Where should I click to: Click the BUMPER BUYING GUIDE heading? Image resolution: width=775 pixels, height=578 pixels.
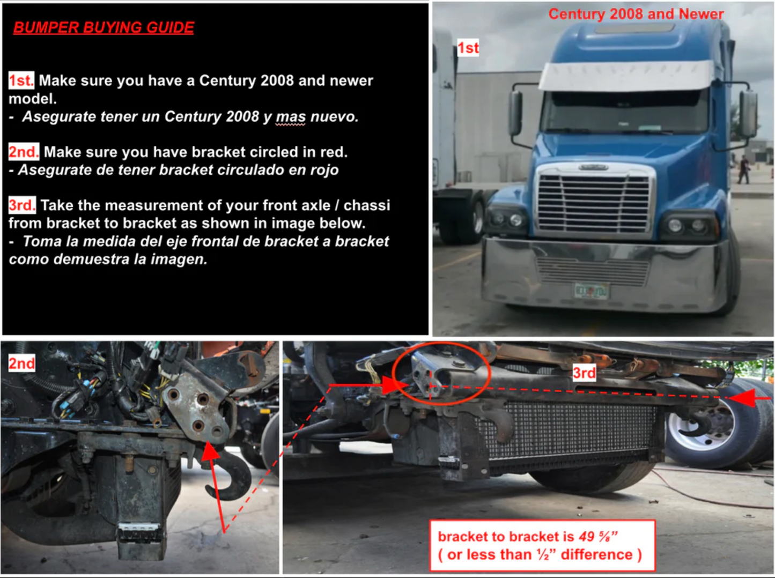(104, 27)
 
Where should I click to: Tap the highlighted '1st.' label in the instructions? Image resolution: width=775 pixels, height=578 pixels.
(21, 80)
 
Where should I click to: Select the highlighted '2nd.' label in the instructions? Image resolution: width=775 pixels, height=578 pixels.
(24, 152)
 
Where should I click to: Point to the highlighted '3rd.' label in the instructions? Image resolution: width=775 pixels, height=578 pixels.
(22, 205)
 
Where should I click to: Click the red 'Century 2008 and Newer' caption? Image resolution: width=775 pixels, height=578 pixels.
(636, 14)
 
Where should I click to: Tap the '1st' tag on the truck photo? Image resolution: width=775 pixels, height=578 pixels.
(468, 48)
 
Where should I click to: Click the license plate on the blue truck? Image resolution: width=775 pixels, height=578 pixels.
(591, 291)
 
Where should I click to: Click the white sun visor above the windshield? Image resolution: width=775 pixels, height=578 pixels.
(627, 76)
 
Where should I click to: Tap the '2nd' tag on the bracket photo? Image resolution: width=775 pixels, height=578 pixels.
(21, 363)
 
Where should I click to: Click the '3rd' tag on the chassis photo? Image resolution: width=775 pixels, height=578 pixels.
(584, 373)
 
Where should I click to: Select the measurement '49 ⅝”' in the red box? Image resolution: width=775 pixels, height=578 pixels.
(598, 537)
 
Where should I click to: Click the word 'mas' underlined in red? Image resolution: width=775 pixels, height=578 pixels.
(290, 117)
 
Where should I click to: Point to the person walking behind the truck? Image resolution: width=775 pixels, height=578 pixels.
(743, 170)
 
